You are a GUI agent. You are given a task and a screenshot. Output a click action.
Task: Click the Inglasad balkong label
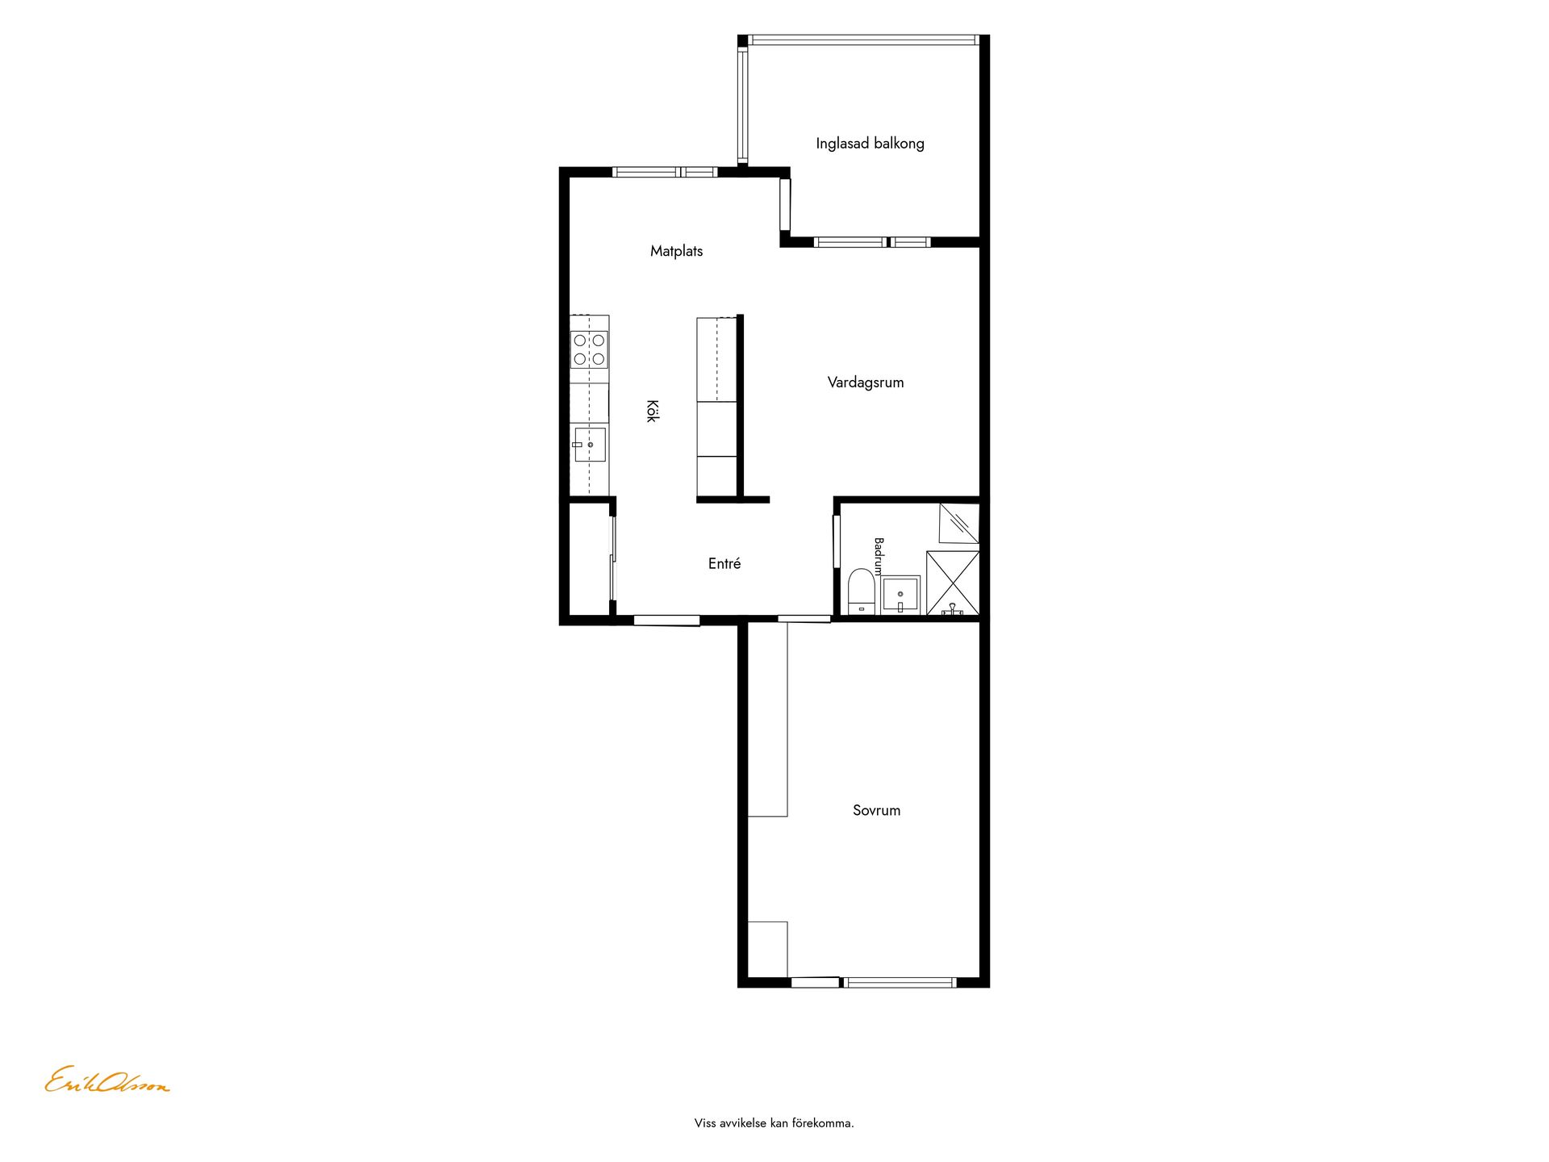[870, 144]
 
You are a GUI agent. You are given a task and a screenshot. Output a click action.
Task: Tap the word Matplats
[676, 251]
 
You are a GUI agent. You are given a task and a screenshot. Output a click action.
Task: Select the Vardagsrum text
[866, 382]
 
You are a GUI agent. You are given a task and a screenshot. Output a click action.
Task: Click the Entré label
[724, 564]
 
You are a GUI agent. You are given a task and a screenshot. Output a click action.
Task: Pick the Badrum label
[879, 556]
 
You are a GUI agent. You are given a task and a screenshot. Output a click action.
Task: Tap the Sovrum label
[876, 810]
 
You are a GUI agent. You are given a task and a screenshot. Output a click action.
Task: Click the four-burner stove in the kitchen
[589, 349]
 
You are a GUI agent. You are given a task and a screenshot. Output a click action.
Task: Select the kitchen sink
[589, 445]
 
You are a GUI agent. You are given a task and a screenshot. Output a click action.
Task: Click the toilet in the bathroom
[862, 591]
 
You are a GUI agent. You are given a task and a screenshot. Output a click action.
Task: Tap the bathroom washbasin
[900, 595]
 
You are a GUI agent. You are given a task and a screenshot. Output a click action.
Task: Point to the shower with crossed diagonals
[953, 583]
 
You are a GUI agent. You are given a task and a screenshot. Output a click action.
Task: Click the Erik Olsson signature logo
[107, 1080]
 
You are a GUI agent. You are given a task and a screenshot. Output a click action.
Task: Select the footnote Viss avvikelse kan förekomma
[774, 1122]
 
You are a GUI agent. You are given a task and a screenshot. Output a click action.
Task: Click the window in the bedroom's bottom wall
[900, 982]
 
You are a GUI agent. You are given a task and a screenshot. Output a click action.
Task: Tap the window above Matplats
[665, 172]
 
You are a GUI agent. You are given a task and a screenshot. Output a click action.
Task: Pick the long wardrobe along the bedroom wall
[767, 719]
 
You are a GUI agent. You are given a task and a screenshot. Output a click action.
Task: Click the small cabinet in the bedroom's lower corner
[767, 949]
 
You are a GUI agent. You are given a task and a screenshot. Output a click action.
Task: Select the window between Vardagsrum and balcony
[872, 242]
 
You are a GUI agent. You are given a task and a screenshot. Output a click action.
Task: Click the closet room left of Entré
[588, 559]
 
